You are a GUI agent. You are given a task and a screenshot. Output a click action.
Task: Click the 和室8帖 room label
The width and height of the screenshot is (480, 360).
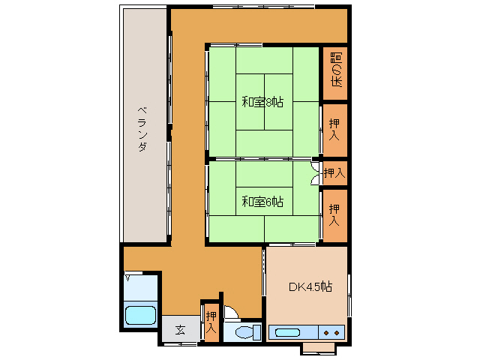pyautogui.click(x=262, y=102)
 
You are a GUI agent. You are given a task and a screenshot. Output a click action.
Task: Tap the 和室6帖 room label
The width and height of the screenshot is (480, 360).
pyautogui.click(x=262, y=201)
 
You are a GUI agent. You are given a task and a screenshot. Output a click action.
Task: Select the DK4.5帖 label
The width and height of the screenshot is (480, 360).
pyautogui.click(x=310, y=286)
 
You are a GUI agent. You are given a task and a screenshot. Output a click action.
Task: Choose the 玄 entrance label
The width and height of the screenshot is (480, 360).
pyautogui.click(x=180, y=329)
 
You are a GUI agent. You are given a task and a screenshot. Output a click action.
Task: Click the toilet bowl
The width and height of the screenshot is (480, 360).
pyautogui.click(x=244, y=332)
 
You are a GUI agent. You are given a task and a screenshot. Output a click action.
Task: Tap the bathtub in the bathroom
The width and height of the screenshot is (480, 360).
pyautogui.click(x=140, y=315)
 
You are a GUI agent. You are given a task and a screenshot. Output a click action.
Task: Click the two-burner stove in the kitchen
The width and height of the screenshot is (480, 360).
pyautogui.click(x=331, y=331)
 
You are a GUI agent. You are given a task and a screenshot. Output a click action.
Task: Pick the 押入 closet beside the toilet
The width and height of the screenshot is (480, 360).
pyautogui.click(x=211, y=322)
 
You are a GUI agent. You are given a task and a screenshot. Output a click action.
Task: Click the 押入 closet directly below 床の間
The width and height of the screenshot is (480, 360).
pyautogui.click(x=335, y=130)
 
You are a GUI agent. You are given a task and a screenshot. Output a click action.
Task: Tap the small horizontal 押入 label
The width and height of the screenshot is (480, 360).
pyautogui.click(x=334, y=173)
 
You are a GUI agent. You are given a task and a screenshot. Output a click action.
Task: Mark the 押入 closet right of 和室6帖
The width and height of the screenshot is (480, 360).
pyautogui.click(x=335, y=214)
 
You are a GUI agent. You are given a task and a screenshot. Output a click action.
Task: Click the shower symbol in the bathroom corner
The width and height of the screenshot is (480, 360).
pyautogui.click(x=128, y=278)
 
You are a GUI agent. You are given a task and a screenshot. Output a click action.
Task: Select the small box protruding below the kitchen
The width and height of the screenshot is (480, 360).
pyautogui.click(x=319, y=348)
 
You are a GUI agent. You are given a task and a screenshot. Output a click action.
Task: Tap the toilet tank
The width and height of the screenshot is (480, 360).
pyautogui.click(x=257, y=331)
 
